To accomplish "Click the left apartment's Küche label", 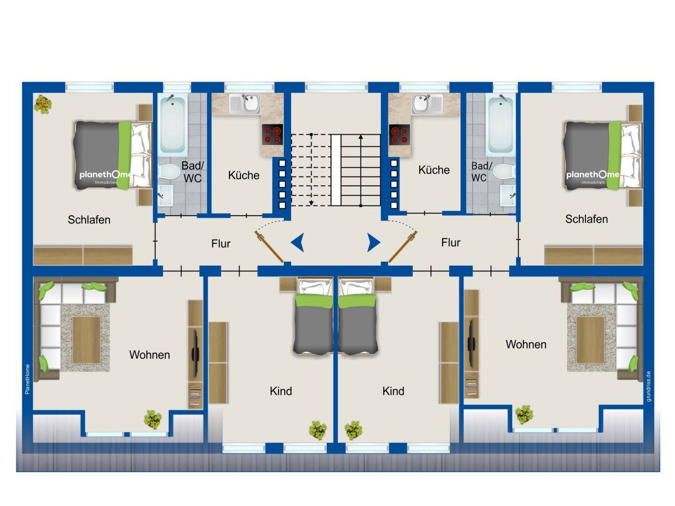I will click(243, 175).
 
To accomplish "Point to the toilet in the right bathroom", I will click(503, 172).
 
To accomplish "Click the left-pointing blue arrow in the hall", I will click(298, 242).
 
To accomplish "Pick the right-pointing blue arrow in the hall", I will click(374, 242).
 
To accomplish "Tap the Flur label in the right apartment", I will click(450, 242).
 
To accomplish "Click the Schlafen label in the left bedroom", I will click(89, 219).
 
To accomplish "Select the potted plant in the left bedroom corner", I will click(43, 104).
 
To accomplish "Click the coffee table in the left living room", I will click(86, 339).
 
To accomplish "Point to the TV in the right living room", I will click(471, 344).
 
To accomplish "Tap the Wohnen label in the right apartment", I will click(526, 344).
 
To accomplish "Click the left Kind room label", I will click(281, 391).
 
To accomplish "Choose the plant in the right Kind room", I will click(353, 430).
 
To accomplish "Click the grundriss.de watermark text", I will click(649, 386).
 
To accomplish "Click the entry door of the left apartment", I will click(269, 247).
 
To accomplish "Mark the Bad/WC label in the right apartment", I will click(481, 172).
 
